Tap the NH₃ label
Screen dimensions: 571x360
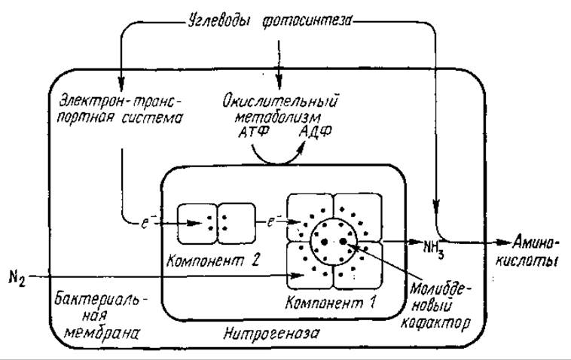click(434, 249)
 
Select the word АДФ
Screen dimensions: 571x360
click(316, 131)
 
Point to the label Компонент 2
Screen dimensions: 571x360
click(212, 261)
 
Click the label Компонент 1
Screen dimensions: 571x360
click(330, 303)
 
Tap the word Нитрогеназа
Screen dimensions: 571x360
click(271, 333)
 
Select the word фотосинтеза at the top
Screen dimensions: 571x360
click(307, 21)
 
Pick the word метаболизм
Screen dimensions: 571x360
click(279, 117)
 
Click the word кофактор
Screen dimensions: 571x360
click(435, 323)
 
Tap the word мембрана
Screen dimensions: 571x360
click(101, 333)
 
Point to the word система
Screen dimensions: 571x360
click(151, 118)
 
